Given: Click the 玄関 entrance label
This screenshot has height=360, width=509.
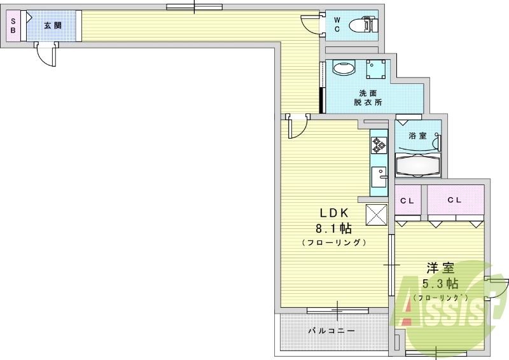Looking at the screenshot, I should pos(53,26).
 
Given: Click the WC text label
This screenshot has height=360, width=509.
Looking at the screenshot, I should pos(337,25).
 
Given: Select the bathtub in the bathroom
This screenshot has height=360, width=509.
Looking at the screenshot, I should pos(418,165).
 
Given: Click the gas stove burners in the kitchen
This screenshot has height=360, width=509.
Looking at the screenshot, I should pos(379,144).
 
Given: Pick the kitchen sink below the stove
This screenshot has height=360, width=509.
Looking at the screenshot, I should pos(379,174).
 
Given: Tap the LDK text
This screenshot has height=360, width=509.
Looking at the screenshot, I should pos(332,214).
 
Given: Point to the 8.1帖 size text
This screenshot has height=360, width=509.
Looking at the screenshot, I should pos(332,228).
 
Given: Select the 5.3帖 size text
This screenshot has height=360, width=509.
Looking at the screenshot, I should pos(440,283).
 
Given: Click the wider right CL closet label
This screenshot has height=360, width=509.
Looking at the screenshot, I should pos(454,200).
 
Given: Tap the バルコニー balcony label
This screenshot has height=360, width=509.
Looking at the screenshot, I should pos(331,331).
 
